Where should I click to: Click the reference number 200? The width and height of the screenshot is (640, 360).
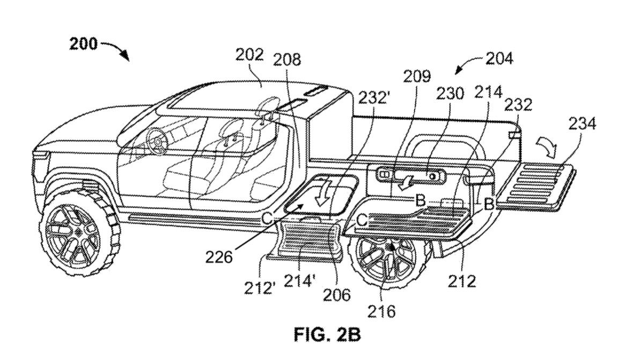tap(83, 44)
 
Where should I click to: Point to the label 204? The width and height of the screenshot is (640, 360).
tap(499, 58)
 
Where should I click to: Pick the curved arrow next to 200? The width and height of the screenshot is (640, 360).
tap(116, 49)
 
